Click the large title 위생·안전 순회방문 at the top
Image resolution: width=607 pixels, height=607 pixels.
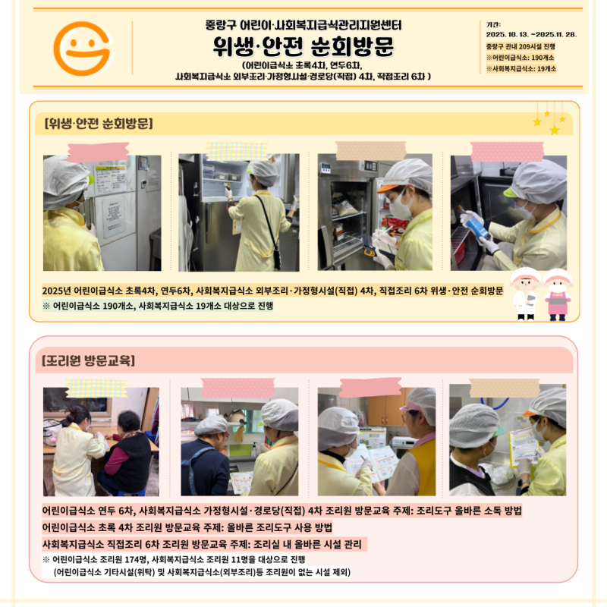tap(303, 48)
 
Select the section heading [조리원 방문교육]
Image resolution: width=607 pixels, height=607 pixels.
tap(89, 360)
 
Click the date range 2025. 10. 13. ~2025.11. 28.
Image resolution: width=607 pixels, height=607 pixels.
tap(531, 34)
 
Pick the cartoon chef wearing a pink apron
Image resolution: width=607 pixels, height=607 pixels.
tap(558, 294)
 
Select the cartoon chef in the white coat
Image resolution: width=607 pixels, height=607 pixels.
tap(525, 294)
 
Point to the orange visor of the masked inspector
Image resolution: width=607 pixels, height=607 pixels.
tap(388, 187)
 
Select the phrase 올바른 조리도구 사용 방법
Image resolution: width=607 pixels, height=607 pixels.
tap(280, 527)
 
